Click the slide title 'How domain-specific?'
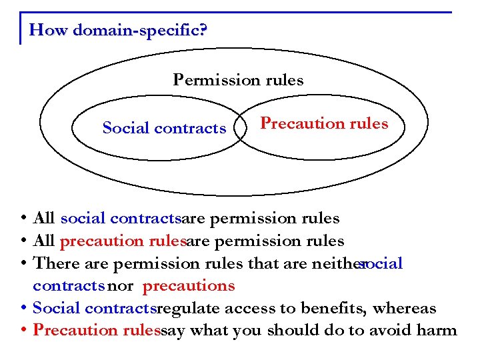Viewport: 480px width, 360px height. click(119, 30)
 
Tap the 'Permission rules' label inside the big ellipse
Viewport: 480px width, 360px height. click(238, 81)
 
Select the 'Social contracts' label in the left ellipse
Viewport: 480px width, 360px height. click(164, 128)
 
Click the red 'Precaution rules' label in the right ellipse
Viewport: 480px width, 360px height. click(324, 123)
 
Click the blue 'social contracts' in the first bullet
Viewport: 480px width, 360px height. click(121, 219)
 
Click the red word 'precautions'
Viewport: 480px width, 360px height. click(189, 286)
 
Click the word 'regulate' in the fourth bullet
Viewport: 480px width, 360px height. click(189, 309)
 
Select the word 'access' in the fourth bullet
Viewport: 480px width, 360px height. click(251, 309)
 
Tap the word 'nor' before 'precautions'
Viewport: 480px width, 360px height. click(120, 286)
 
